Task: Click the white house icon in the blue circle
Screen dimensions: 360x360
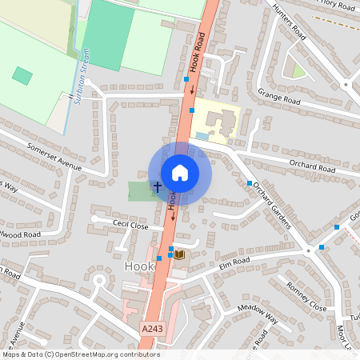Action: click(180, 173)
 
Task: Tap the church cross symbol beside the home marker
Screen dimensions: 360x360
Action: click(157, 187)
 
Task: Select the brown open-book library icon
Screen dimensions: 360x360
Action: click(180, 254)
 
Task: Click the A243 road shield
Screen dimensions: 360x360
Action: click(151, 329)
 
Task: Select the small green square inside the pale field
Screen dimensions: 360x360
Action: click(22, 76)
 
